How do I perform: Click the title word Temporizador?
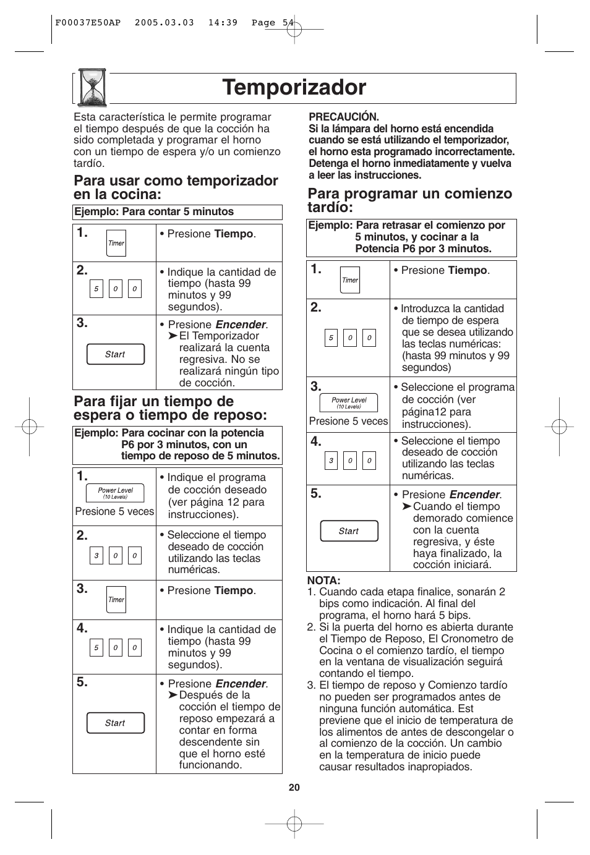click(x=294, y=88)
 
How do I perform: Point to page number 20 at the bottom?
click(x=294, y=787)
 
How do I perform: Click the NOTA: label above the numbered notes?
click(x=324, y=581)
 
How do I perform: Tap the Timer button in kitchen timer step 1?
click(x=116, y=243)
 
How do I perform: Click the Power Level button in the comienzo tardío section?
click(x=349, y=403)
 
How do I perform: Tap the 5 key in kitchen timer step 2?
click(x=96, y=289)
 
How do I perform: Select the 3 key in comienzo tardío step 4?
click(x=331, y=461)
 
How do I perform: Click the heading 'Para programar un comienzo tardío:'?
click(x=409, y=200)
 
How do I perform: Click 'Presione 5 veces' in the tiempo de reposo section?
click(x=114, y=511)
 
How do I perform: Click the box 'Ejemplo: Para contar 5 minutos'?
click(x=177, y=212)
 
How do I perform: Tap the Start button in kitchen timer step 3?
click(x=115, y=354)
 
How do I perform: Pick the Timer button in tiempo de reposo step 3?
click(x=116, y=600)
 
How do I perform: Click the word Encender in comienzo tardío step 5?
click(x=474, y=495)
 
